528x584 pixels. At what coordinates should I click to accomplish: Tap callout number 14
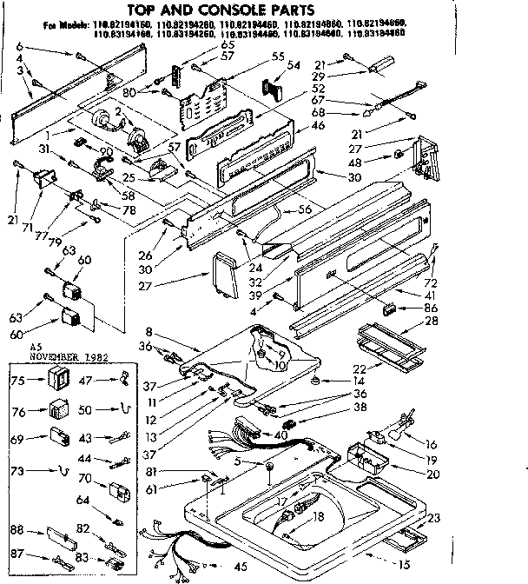[356, 382]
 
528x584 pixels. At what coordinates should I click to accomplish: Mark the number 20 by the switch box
[432, 475]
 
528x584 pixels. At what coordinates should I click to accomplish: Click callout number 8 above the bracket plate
[149, 332]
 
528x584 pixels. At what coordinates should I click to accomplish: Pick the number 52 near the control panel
[294, 88]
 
